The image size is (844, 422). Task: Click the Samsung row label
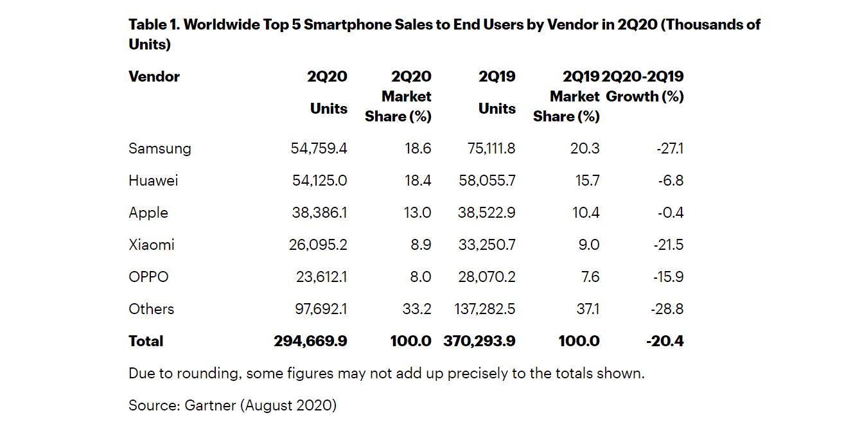[x=159, y=148]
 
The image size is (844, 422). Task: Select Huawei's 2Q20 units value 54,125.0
[x=319, y=180]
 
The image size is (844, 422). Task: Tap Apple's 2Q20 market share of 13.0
[x=417, y=213]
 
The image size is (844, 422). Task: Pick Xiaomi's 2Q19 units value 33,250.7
[x=486, y=245]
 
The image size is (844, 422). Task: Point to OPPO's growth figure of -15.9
[x=670, y=277]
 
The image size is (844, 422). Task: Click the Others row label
[x=151, y=309]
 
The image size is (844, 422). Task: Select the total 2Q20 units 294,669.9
[x=310, y=341]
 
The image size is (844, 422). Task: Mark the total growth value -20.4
[x=665, y=341]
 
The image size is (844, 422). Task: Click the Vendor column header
[x=154, y=76]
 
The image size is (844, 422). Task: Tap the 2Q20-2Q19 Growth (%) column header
[x=644, y=87]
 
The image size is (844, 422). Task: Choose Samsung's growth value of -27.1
[x=670, y=148]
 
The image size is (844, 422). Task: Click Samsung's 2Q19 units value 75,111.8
[x=487, y=148]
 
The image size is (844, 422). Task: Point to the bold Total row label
[x=146, y=341]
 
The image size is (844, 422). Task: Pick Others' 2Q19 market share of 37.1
[x=588, y=309]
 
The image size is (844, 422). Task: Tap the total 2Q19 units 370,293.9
[x=479, y=341]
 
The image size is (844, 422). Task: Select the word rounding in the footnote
[x=212, y=373]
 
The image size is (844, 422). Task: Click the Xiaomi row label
[x=151, y=245]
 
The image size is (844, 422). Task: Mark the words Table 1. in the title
[x=154, y=24]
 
